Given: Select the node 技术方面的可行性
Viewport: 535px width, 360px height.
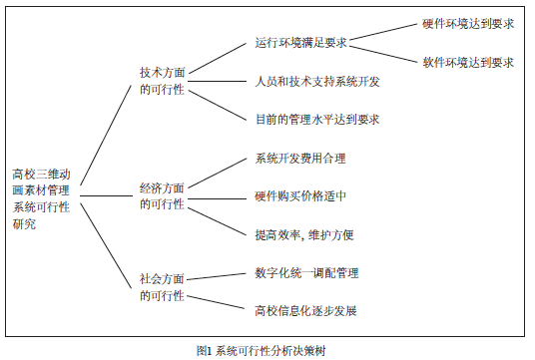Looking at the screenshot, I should pos(162,81).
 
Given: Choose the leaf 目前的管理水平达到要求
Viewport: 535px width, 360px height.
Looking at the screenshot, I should pos(317,119).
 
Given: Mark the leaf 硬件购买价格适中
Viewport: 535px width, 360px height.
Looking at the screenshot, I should pos(301,195).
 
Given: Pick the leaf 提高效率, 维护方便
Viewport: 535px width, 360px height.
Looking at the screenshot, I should pos(304,234).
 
